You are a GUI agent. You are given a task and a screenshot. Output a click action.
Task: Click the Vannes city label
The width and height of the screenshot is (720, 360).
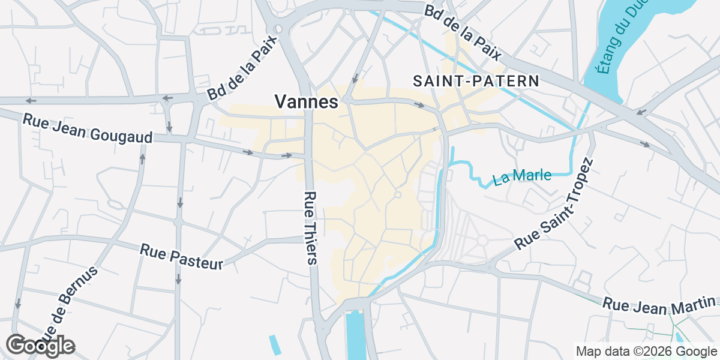[x=307, y=102]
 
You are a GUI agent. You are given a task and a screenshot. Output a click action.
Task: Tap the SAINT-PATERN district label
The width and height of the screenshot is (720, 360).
[x=476, y=81]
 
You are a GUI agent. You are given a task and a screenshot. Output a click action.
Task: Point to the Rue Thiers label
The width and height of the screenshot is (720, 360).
[x=310, y=228]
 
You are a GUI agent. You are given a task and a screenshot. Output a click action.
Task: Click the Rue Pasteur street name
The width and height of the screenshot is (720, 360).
[x=181, y=256]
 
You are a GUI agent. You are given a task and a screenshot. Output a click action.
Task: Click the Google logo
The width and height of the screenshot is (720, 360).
[x=40, y=346]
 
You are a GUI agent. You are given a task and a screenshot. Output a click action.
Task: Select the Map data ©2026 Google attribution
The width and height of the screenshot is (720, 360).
[x=646, y=352]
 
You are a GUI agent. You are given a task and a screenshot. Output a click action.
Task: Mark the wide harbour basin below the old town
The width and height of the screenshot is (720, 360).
[x=355, y=336]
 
